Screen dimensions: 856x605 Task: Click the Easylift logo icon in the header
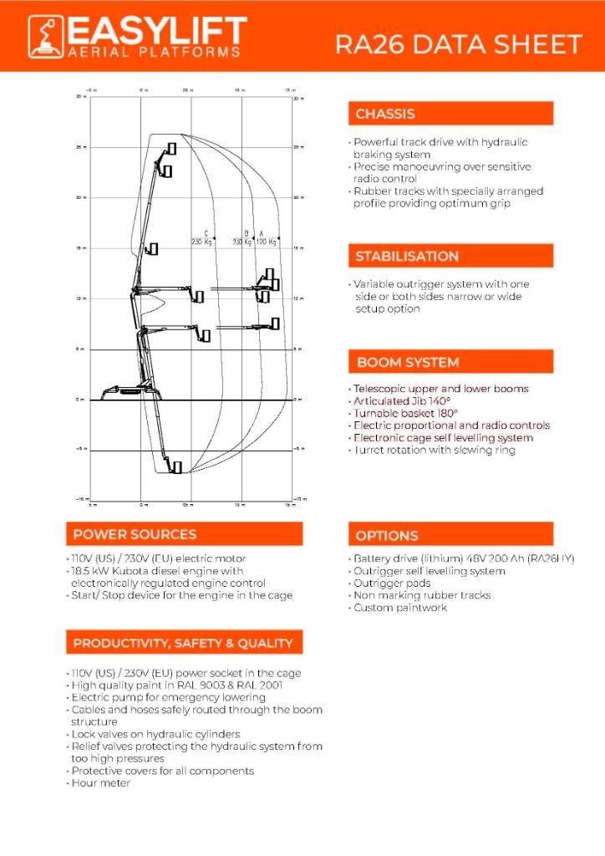44,37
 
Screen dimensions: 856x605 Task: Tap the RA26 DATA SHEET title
458,43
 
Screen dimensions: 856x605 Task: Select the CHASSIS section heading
385,114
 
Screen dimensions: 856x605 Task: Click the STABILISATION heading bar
450,256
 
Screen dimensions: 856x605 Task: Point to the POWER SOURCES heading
135,534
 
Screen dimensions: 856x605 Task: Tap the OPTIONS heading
387,535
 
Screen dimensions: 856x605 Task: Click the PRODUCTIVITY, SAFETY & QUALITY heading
183,643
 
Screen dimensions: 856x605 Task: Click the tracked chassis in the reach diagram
125,392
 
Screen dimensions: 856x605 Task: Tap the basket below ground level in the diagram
175,466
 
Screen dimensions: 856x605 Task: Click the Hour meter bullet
101,783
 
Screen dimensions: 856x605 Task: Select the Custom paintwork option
400,608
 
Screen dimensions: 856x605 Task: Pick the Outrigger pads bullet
392,583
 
